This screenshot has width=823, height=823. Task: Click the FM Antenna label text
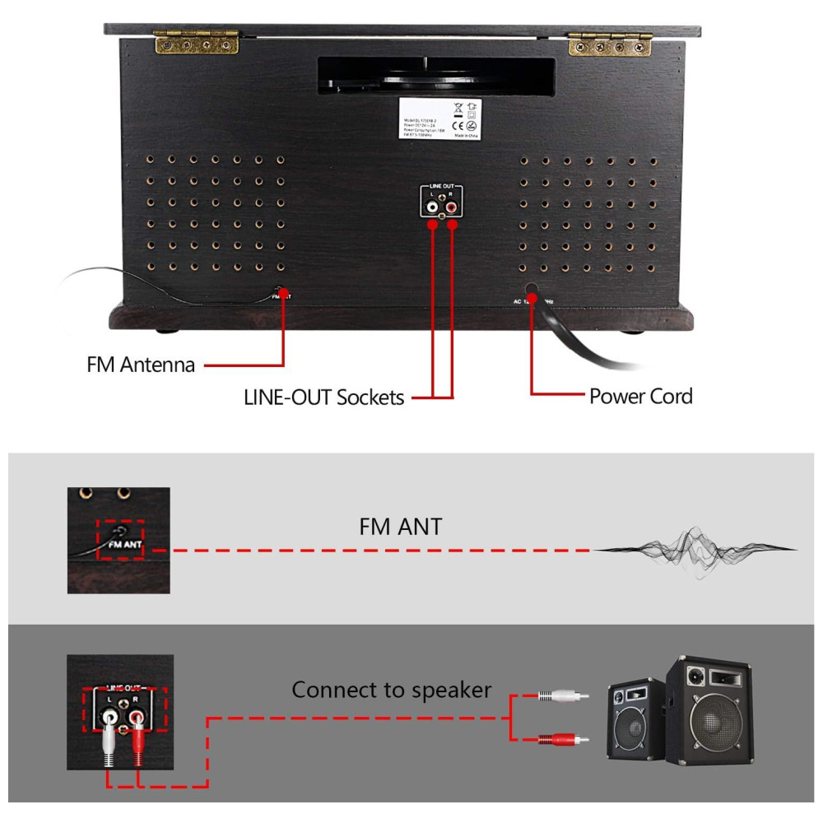click(x=141, y=365)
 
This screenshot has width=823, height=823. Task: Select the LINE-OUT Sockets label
click(x=323, y=398)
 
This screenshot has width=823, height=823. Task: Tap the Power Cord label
click(x=640, y=396)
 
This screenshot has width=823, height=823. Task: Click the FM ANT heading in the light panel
click(x=401, y=526)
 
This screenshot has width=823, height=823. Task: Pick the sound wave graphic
click(x=695, y=550)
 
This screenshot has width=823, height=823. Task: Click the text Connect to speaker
click(x=391, y=690)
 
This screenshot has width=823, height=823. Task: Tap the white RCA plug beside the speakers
click(x=563, y=696)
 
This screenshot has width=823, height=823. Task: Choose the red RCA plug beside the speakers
click(x=563, y=739)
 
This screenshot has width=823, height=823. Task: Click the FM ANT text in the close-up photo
click(x=126, y=544)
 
